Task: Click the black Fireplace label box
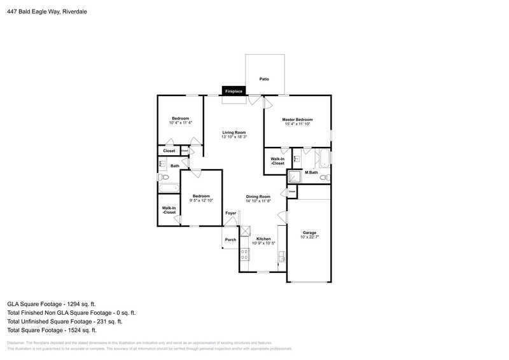click(x=234, y=92)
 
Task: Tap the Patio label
click(x=263, y=79)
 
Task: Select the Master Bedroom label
click(x=297, y=120)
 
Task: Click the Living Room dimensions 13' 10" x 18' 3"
click(x=234, y=137)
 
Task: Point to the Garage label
click(x=309, y=233)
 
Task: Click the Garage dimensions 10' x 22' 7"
click(x=309, y=239)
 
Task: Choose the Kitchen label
click(x=263, y=239)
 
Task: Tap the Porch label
click(x=230, y=240)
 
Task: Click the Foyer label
click(x=231, y=213)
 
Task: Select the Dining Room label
click(x=258, y=197)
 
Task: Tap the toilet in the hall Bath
click(x=164, y=177)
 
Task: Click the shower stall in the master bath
click(x=295, y=176)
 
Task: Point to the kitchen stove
click(x=244, y=255)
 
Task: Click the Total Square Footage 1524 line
click(x=51, y=330)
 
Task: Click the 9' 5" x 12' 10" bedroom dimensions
click(x=201, y=200)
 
